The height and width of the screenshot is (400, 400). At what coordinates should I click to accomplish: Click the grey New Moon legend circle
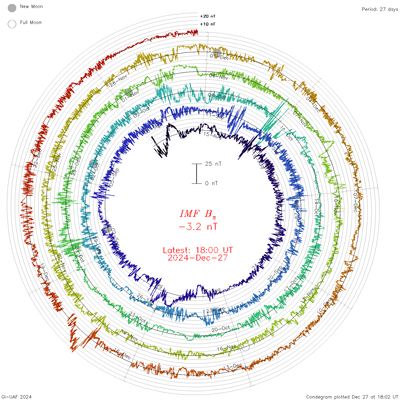(12, 8)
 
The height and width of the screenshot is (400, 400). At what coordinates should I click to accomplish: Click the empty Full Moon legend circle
(12, 24)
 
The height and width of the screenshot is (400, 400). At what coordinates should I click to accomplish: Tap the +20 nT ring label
(208, 17)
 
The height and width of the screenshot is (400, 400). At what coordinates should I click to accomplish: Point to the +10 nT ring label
(208, 24)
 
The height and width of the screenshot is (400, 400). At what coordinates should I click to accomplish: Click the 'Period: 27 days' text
(380, 9)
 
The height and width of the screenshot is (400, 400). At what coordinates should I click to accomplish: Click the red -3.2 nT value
(198, 227)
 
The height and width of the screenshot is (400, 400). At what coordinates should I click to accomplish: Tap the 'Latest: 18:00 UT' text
(198, 250)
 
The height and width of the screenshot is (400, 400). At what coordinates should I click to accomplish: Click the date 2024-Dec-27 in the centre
(198, 258)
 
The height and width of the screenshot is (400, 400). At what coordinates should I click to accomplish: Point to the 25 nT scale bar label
(213, 164)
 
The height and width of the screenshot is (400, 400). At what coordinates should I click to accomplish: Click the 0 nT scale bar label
(211, 183)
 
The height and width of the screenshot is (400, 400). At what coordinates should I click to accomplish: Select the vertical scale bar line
(197, 174)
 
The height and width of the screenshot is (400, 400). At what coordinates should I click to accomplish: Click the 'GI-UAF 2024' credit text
(17, 397)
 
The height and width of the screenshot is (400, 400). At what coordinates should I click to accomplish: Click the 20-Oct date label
(221, 329)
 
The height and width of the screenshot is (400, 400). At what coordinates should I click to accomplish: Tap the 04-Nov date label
(219, 77)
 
